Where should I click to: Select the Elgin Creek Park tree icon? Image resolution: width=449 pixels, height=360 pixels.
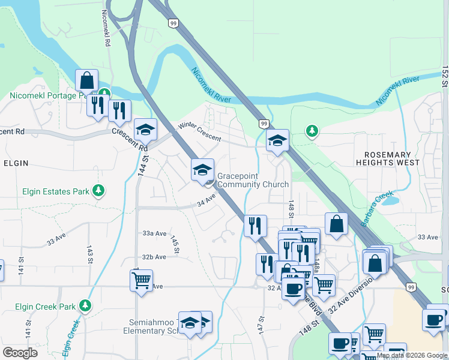coord(85,306)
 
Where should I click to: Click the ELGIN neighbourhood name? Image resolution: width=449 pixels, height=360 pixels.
coord(16,163)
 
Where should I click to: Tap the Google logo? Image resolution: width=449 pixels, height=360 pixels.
coord(20,352)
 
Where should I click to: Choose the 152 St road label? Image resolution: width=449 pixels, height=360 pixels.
coord(445,78)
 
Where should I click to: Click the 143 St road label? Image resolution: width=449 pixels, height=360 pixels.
coord(89,254)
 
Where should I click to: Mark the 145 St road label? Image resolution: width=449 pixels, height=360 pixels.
coord(175,244)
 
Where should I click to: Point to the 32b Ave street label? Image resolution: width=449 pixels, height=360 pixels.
coord(154,257)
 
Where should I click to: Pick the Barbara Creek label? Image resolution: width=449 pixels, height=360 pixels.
coord(377,209)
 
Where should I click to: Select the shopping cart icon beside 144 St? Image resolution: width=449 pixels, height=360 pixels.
coord(142,280)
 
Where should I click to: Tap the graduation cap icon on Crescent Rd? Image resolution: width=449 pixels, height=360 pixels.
coord(145,129)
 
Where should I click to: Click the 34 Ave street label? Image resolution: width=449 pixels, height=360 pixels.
coord(206,199)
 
